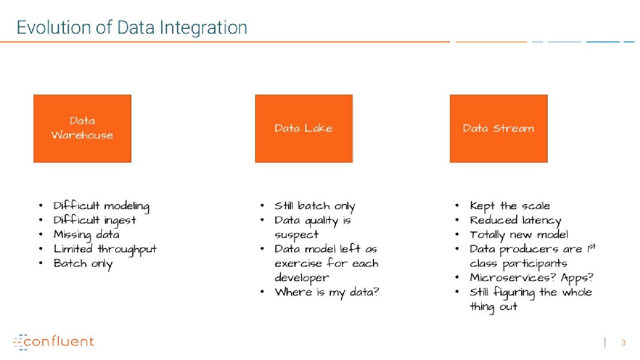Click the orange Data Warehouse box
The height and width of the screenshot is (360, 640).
[82, 128]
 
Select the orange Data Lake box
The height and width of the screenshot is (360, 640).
[304, 128]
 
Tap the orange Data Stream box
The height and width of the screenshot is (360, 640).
[499, 128]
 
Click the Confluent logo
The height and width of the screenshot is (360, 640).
[54, 342]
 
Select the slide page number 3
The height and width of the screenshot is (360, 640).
[623, 343]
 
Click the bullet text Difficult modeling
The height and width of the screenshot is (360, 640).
[101, 206]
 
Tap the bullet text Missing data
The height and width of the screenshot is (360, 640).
[86, 235]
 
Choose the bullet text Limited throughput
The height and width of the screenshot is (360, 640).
[105, 249]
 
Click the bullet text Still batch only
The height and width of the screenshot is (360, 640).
[315, 206]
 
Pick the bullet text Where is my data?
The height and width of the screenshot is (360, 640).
[327, 292]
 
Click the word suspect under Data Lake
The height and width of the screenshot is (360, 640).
[297, 235]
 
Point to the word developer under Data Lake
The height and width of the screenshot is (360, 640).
[302, 278]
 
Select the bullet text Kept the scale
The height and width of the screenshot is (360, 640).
[510, 206]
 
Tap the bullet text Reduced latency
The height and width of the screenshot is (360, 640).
[515, 220]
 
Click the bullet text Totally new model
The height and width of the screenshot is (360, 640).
[519, 235]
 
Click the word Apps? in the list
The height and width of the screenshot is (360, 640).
[577, 278]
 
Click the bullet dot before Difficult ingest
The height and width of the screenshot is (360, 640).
[41, 220]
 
